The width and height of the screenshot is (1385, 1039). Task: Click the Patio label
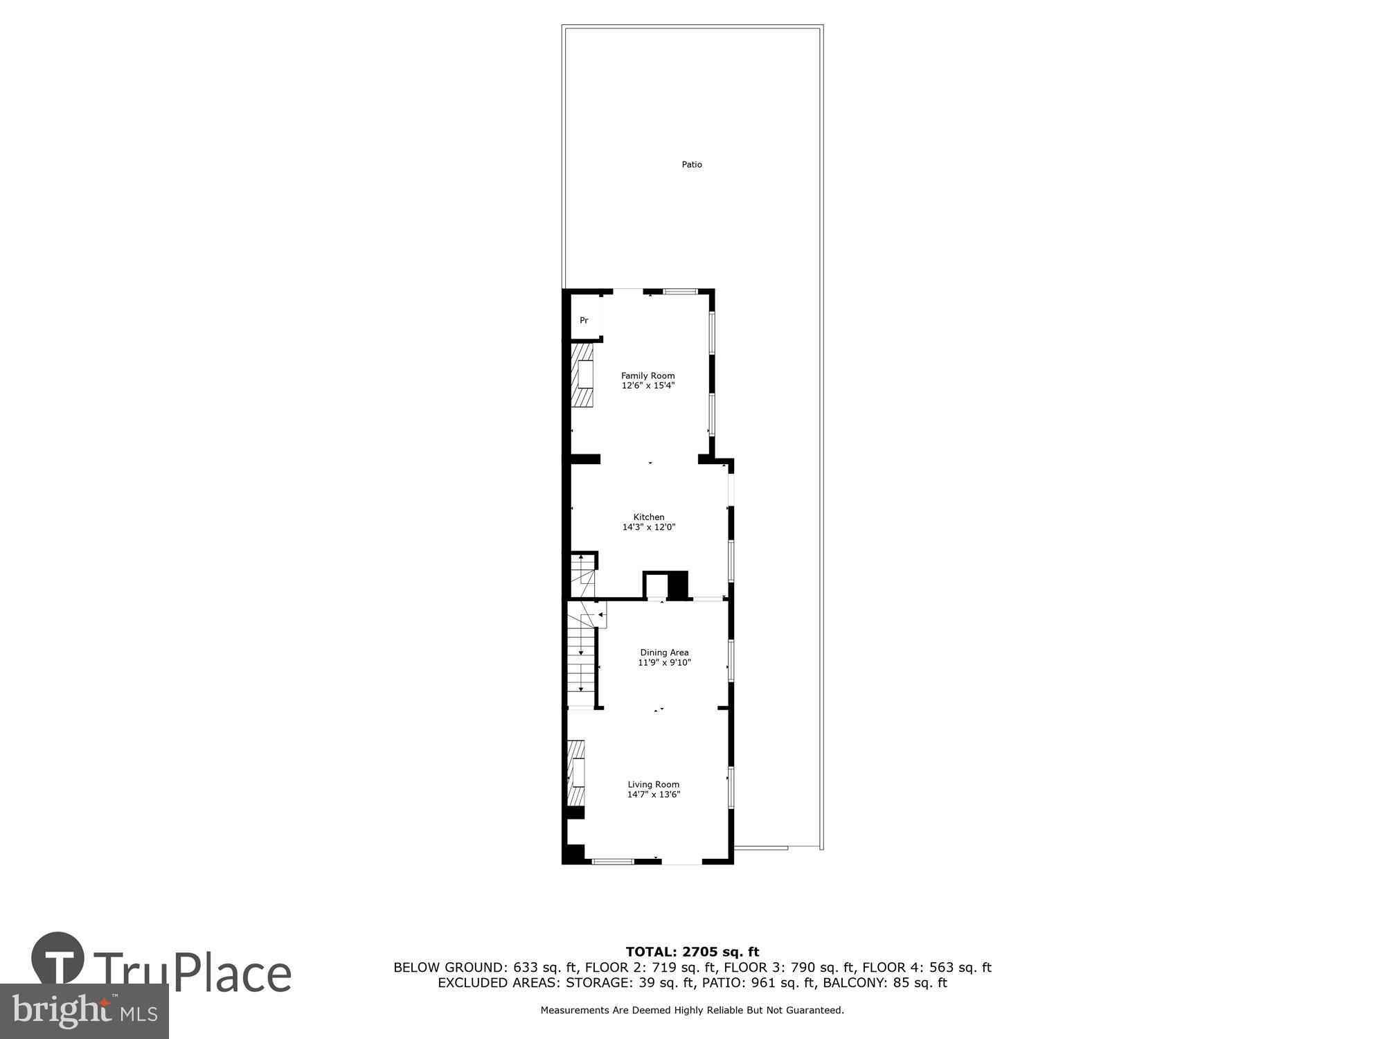(x=692, y=165)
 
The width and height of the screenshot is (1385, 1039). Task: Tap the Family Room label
(x=647, y=375)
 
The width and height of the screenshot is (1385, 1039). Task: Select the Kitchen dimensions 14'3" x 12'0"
(x=649, y=527)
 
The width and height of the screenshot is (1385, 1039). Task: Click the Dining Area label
(x=664, y=652)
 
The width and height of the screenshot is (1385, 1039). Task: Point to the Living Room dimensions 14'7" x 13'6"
(x=654, y=794)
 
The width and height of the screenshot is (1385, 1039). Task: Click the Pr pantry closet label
(x=584, y=321)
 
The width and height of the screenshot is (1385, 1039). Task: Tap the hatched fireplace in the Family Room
(x=582, y=375)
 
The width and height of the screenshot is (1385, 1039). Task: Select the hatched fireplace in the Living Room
(x=575, y=772)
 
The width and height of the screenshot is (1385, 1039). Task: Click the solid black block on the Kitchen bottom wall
(x=678, y=585)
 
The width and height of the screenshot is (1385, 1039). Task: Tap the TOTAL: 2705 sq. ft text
(x=692, y=952)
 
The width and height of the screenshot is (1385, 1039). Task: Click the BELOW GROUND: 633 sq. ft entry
(x=486, y=968)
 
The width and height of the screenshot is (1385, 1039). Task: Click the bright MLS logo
(x=84, y=1011)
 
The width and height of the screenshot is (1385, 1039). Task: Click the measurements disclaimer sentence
(x=692, y=1011)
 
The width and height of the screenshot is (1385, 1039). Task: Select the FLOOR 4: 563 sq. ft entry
(x=927, y=968)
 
